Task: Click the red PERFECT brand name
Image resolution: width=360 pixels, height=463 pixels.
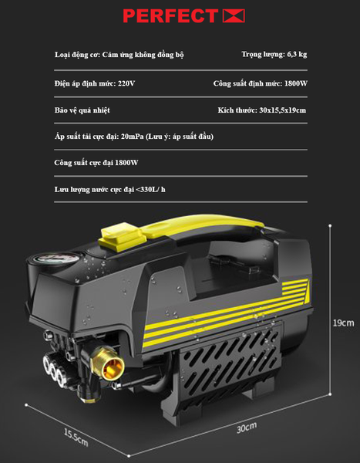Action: click(x=170, y=16)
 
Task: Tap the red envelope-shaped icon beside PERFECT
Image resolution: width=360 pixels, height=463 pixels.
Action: click(x=234, y=16)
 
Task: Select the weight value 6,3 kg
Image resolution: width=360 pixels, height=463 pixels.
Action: click(x=297, y=55)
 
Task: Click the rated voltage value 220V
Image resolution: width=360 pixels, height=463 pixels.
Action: click(x=126, y=83)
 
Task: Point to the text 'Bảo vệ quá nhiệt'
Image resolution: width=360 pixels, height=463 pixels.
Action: click(x=82, y=110)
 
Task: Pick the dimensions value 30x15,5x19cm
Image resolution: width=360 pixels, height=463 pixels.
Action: click(x=283, y=110)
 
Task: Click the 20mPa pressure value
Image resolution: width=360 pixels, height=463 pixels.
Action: click(x=132, y=137)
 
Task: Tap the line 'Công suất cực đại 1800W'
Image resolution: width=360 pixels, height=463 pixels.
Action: click(x=96, y=163)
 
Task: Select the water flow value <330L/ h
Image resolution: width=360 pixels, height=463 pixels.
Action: click(x=151, y=189)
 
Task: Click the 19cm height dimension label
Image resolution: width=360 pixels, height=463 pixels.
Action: click(x=344, y=323)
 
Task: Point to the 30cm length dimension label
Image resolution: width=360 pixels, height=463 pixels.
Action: click(x=247, y=428)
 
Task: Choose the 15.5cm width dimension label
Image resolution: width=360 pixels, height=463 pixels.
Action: click(x=76, y=438)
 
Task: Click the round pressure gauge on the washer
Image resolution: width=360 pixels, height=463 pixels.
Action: click(x=56, y=260)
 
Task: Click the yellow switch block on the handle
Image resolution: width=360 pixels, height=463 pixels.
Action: click(x=123, y=238)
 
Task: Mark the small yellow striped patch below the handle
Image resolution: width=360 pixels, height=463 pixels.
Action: click(x=295, y=287)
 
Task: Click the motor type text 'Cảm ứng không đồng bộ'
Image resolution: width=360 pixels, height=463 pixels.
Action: click(x=143, y=55)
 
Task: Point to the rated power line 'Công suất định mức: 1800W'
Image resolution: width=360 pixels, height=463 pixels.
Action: click(x=261, y=84)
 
